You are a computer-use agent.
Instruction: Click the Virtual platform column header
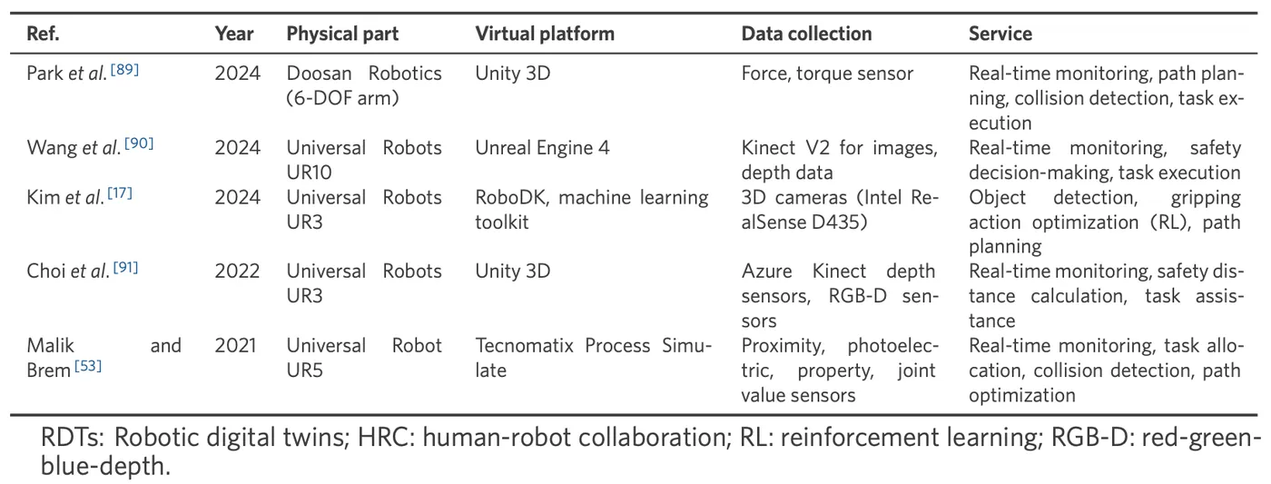[545, 35]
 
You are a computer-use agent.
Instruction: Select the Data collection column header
[806, 35]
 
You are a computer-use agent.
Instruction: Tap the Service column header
[1000, 35]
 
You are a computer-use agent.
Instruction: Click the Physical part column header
[342, 35]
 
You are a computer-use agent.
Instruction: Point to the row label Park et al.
[67, 74]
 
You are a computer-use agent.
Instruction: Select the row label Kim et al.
[65, 197]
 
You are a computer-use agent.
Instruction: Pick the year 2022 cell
[237, 271]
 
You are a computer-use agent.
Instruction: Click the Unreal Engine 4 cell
[543, 147]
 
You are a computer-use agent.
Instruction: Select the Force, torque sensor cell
[827, 74]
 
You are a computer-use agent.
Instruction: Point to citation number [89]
[123, 69]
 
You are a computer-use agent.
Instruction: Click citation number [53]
[88, 366]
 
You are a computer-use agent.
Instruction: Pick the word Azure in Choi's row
[765, 271]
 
